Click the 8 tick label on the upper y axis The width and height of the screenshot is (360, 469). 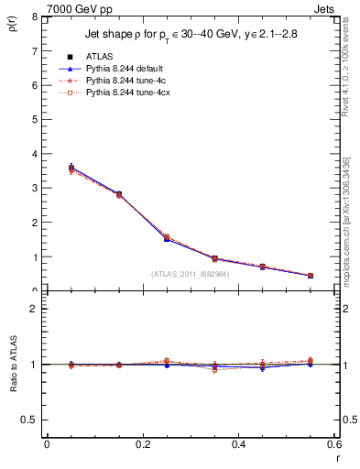34,17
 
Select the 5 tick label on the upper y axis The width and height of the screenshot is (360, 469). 34,120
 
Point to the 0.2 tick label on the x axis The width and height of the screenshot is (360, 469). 143,444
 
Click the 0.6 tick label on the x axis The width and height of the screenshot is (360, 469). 335,444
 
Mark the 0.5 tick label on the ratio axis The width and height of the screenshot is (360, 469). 29,420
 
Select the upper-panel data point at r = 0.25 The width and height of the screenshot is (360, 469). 167,238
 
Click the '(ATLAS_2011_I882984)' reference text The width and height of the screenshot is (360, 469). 191,273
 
